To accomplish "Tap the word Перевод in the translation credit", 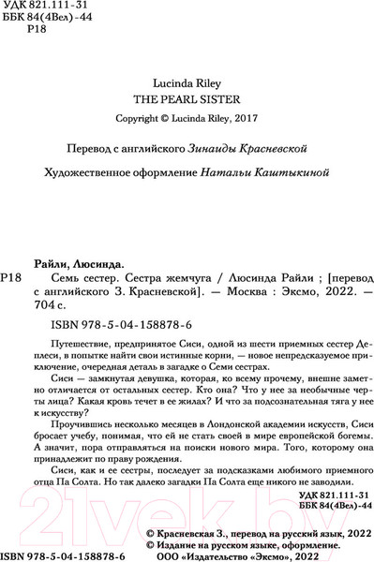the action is point(79,151).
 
